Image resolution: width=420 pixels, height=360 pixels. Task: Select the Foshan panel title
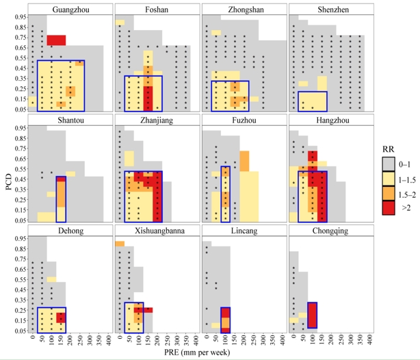pos(157,9)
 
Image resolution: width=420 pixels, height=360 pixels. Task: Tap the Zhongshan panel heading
pos(244,9)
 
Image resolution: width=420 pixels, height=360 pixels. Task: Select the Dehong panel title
pos(70,231)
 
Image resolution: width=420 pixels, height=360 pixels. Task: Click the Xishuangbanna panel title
pos(157,231)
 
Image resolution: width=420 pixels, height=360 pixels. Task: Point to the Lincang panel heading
pos(244,231)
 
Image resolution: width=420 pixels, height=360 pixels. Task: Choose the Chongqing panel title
pos(330,231)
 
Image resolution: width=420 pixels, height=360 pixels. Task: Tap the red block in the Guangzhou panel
pos(56,40)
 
